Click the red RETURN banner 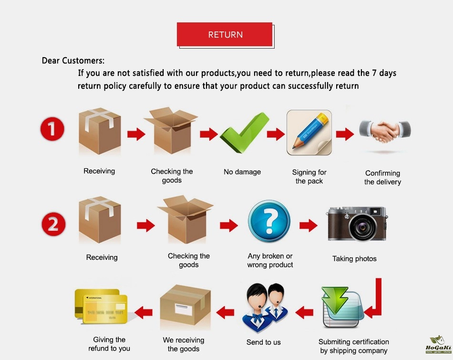coord(225,34)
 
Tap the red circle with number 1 coord(52,129)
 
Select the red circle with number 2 coord(53,224)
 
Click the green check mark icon coord(245,133)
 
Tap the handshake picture coord(385,132)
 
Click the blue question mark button coord(269,221)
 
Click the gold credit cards coord(101,307)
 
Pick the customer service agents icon coord(265,308)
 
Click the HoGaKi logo coord(438,345)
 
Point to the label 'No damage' coord(242,172)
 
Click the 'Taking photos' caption coord(354,258)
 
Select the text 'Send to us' coord(264,342)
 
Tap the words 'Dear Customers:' coord(73,61)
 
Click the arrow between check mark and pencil coord(276,134)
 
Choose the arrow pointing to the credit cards coord(144,312)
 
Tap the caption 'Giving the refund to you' coord(109,344)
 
